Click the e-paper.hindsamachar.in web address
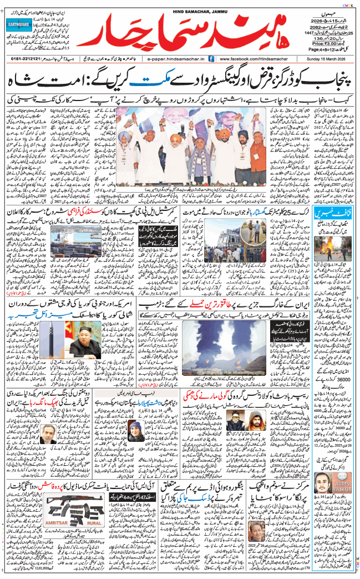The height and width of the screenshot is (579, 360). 174,58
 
